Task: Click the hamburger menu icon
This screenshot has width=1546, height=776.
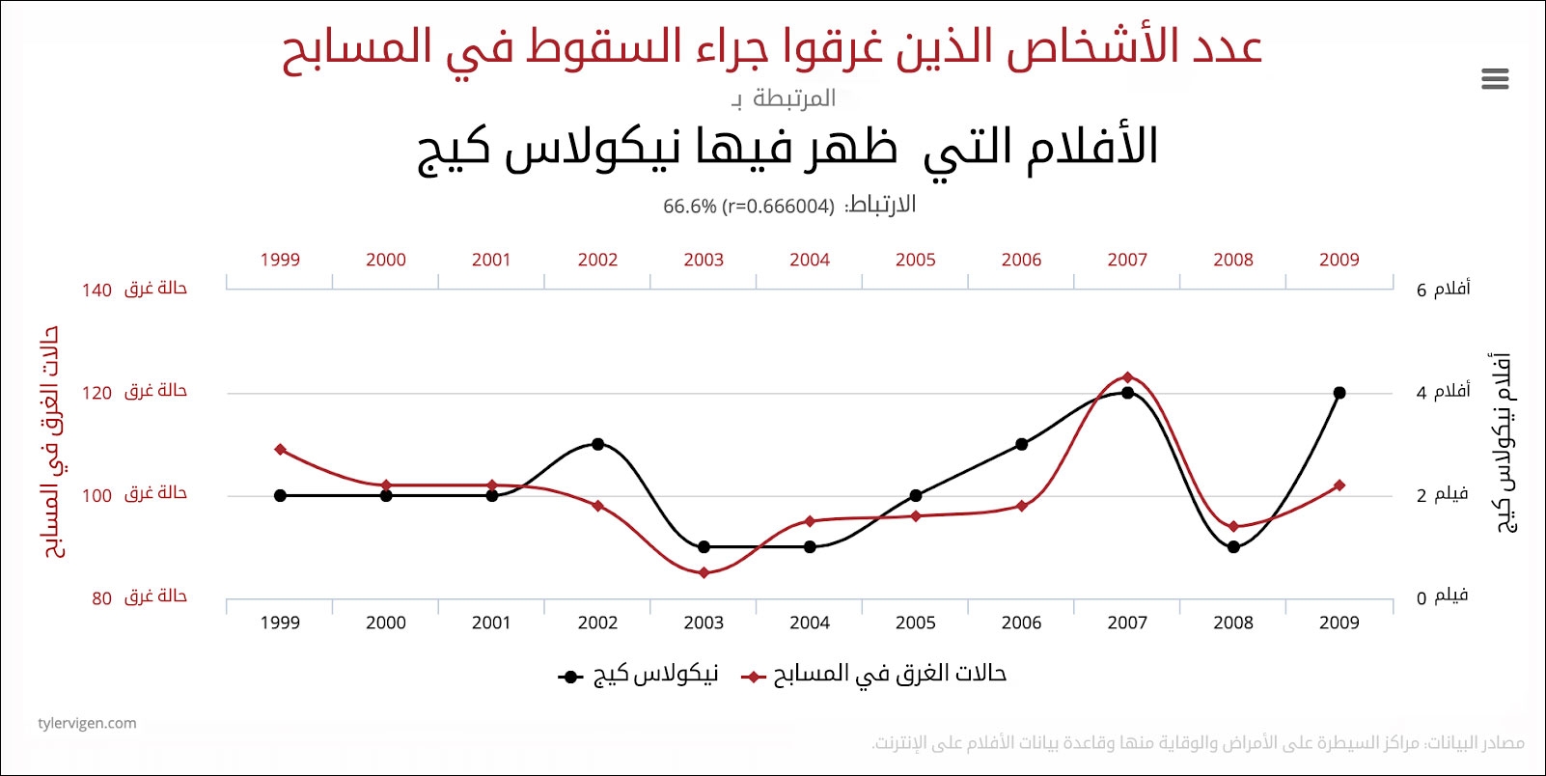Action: click(1494, 78)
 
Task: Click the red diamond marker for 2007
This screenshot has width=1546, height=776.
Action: click(1127, 377)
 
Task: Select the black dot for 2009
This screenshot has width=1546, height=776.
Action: click(1339, 393)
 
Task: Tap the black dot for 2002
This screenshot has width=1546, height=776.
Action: click(597, 444)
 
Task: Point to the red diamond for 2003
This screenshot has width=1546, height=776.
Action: click(704, 572)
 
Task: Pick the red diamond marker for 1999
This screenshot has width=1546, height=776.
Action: click(280, 450)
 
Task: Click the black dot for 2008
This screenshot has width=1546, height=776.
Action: click(1233, 546)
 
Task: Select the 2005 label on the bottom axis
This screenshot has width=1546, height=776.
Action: click(915, 623)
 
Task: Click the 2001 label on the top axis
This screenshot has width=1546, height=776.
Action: click(491, 260)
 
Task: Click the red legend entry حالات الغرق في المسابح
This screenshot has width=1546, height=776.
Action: click(874, 675)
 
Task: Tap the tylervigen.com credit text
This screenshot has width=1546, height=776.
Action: click(87, 723)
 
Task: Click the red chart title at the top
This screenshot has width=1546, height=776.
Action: click(772, 48)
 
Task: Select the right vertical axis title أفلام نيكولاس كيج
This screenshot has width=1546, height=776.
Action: click(1504, 443)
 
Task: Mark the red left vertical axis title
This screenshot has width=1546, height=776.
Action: click(53, 443)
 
